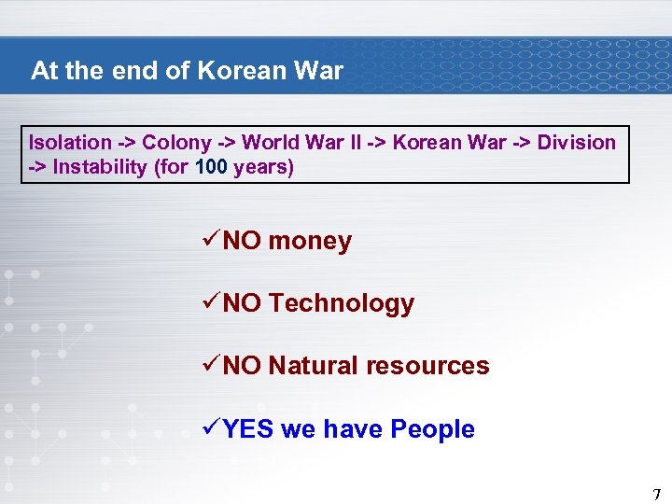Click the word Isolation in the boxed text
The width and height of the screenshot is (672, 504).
pos(70,143)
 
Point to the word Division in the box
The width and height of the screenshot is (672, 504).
pos(577,143)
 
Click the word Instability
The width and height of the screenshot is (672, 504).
pos(100,168)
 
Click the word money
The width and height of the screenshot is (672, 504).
pos(310,242)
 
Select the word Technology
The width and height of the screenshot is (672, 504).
pos(342,303)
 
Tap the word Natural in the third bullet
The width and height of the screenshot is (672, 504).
pos(313,366)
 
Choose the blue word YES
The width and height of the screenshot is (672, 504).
pos(247,429)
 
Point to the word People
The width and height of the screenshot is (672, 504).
pos(432,429)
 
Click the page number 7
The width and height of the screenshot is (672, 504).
pos(656,494)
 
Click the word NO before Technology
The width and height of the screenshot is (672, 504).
pos(243,303)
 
